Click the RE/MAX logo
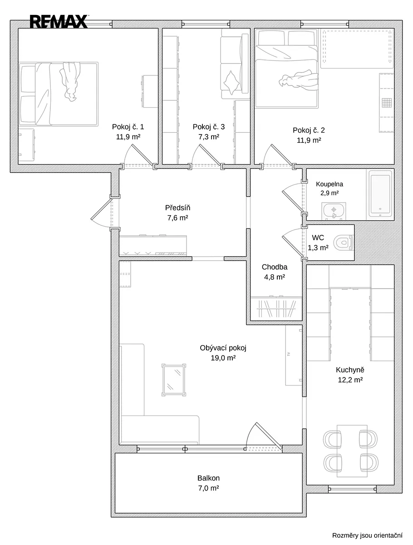[x=59, y=22]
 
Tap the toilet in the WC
[x=343, y=243]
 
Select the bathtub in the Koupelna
[x=380, y=193]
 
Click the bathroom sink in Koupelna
[x=334, y=211]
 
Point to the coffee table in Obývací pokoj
[x=174, y=380]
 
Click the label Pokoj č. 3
[x=209, y=127]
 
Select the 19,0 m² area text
[x=223, y=358]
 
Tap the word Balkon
[x=208, y=478]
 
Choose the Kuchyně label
[x=350, y=370]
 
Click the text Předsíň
[x=177, y=208]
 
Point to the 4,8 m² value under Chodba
[x=274, y=277]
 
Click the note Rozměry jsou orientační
[x=367, y=535]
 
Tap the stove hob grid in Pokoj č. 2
[x=387, y=103]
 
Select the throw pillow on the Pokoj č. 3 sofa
[x=231, y=83]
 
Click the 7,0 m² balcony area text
[x=208, y=488]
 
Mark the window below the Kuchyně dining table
[x=352, y=489]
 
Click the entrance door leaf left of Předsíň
[x=102, y=209]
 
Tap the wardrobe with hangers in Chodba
[x=276, y=308]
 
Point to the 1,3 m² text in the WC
[x=318, y=248]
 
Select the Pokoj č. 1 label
[x=128, y=127]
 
